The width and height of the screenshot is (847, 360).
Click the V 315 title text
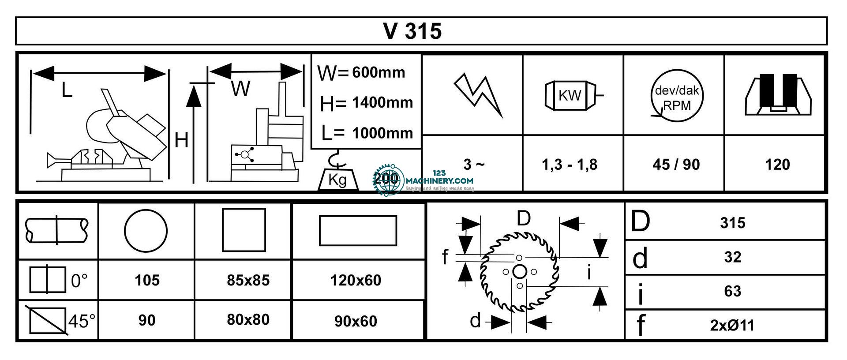[412, 31]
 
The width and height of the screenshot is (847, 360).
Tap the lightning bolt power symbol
[478, 95]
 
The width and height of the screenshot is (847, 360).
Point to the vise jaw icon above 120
[777, 95]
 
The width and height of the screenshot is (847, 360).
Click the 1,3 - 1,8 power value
[570, 165]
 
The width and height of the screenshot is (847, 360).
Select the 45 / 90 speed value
[676, 165]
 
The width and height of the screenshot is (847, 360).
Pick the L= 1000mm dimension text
[367, 133]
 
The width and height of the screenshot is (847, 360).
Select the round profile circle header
[146, 230]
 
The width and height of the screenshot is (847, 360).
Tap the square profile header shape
[244, 230]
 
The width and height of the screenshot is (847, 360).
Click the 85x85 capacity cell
[248, 280]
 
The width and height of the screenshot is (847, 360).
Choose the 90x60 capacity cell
[356, 321]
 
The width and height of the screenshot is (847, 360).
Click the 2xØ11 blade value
[732, 326]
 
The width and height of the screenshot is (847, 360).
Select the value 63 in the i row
[732, 291]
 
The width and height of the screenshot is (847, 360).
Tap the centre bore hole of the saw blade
[519, 271]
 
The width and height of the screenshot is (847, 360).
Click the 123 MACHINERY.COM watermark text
[438, 180]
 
